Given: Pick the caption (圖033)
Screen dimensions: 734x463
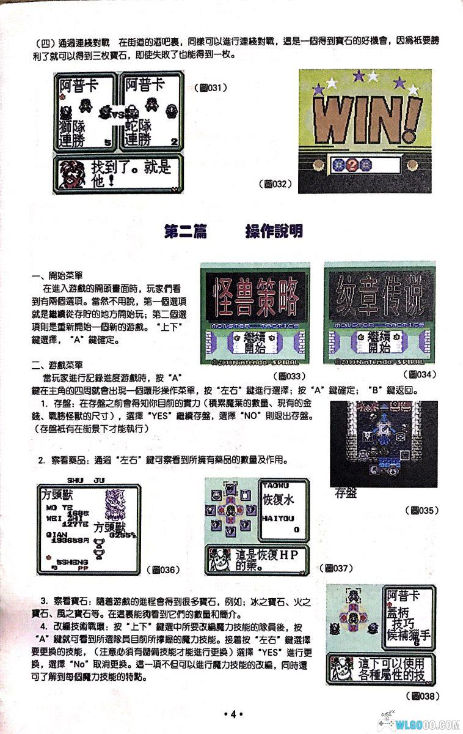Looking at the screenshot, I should click(x=290, y=375).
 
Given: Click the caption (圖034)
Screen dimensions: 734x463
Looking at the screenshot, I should click(x=421, y=374).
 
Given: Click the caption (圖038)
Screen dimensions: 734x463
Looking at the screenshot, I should click(x=423, y=695).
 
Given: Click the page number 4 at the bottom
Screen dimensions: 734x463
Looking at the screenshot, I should click(x=233, y=714).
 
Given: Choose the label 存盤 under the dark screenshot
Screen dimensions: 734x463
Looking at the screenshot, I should click(x=346, y=493).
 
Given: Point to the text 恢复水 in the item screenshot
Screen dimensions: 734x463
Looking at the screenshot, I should click(x=279, y=499).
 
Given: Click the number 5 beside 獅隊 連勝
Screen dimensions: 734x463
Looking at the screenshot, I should click(x=108, y=142).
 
